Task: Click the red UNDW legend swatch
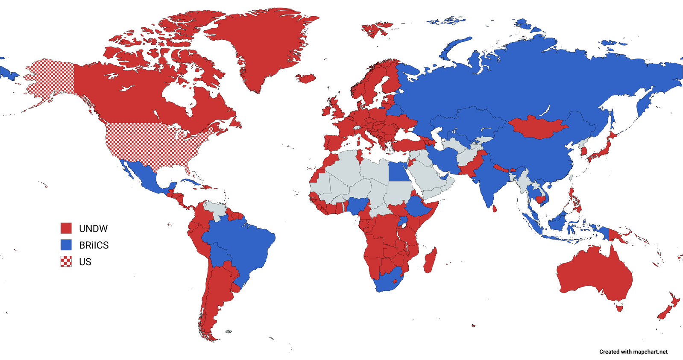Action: coord(66,228)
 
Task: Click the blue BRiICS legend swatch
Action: coord(66,245)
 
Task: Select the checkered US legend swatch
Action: coord(66,261)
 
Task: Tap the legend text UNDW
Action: coord(93,228)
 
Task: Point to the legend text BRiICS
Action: coord(94,245)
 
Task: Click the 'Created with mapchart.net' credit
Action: coord(633,352)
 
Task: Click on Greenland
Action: coord(261,47)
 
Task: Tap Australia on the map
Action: coord(594,273)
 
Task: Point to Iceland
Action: coord(306,78)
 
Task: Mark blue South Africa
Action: coord(387,282)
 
